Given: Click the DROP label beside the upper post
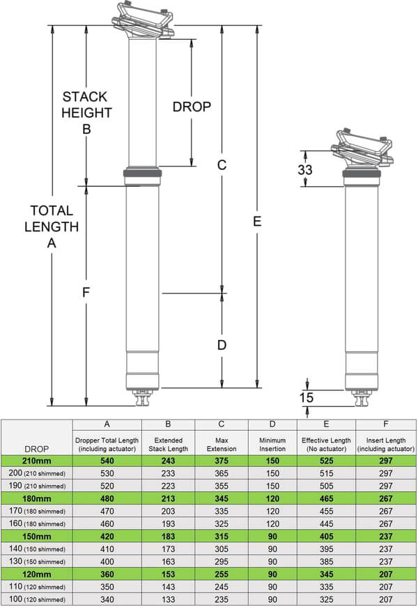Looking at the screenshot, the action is click(x=192, y=107).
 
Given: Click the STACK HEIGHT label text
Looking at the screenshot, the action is click(x=86, y=105).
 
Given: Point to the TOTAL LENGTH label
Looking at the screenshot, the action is click(x=52, y=218).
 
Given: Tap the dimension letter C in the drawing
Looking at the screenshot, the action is click(x=222, y=165).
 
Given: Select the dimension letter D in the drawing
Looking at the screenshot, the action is click(x=222, y=345).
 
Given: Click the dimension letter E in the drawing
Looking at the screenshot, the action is click(x=257, y=222).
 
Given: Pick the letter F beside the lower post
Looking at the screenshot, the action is click(x=86, y=292).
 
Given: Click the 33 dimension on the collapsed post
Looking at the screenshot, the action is click(x=305, y=169).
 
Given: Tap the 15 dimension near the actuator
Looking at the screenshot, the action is click(x=306, y=397).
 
